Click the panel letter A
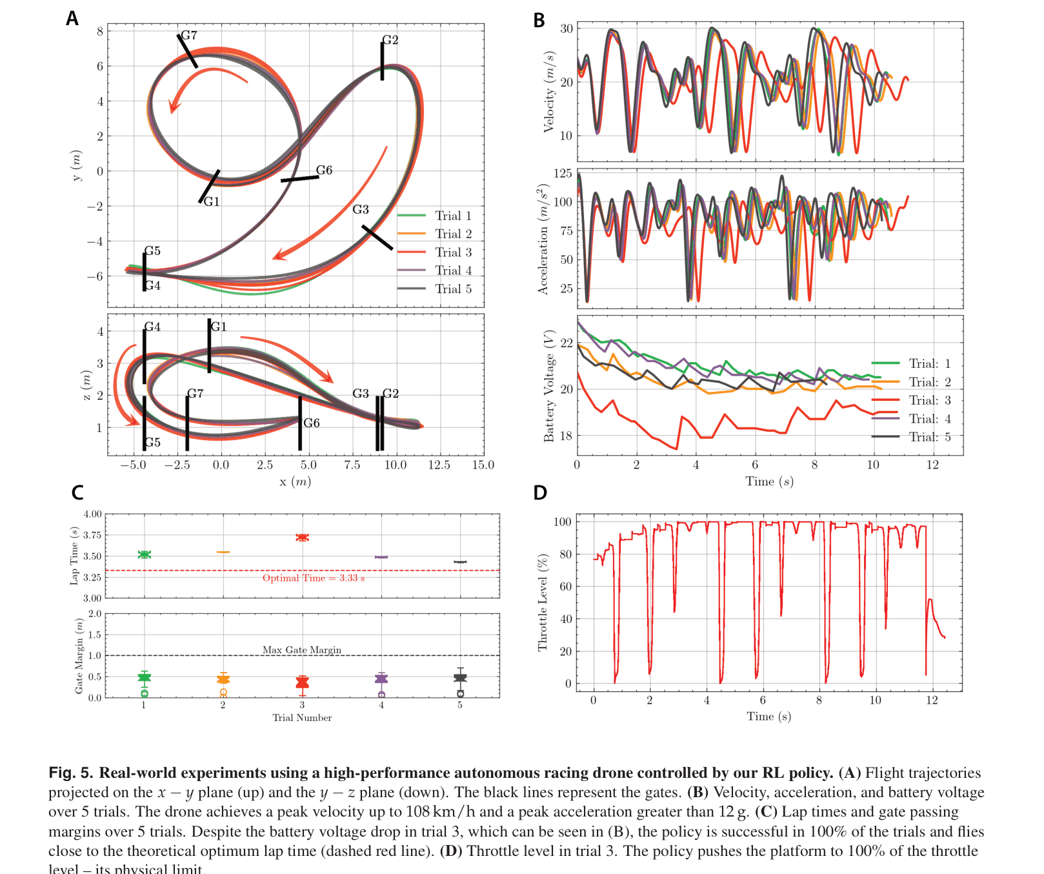72,19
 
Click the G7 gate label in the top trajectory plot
189,36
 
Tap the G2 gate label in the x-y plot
390,40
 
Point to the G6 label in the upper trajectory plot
324,170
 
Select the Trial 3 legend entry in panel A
453,252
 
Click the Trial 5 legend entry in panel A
453,289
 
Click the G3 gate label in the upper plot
361,210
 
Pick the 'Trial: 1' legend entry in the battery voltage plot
929,363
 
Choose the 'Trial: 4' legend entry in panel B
929,419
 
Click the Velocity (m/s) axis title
549,91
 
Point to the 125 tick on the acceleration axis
563,173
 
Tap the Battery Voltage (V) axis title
549,385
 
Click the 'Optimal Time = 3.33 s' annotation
314,578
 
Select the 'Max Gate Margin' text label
302,649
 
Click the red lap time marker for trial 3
302,537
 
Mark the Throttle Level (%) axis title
543,602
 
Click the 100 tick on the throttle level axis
563,522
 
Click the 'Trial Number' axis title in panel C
302,718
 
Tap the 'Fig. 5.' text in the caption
71,773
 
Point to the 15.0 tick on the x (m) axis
483,465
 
